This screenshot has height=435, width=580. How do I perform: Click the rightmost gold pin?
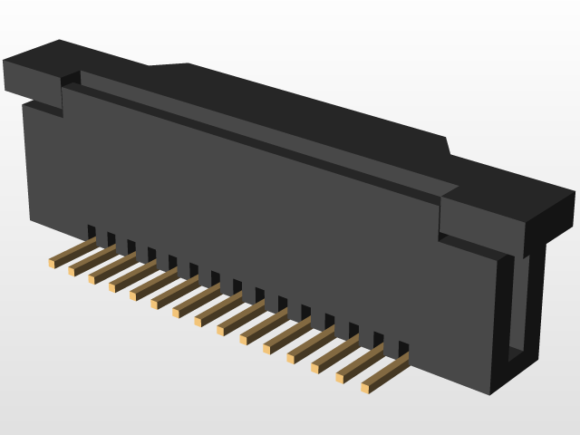tap(385, 372)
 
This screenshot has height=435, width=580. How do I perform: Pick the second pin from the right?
tap(360, 362)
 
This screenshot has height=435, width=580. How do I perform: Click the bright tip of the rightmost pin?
tap(365, 388)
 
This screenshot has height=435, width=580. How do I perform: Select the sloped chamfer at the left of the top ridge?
tap(168, 65)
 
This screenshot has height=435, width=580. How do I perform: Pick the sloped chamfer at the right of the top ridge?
tap(447, 145)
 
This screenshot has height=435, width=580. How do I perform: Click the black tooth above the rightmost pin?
tap(403, 348)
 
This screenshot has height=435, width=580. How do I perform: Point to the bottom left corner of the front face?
tap(32, 219)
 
